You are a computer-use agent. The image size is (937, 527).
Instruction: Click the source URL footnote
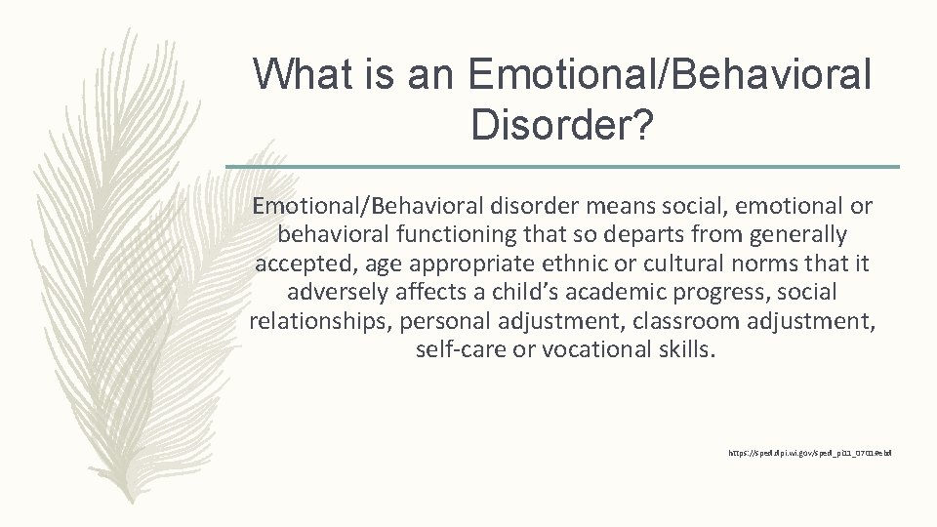coord(809,454)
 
